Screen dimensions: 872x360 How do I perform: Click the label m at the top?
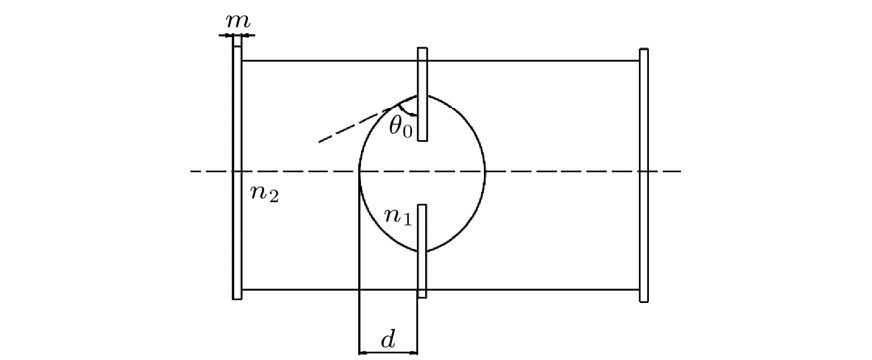pyautogui.click(x=238, y=22)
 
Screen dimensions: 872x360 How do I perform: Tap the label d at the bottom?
pyautogui.click(x=388, y=340)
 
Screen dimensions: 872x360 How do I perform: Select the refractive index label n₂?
pyautogui.click(x=264, y=193)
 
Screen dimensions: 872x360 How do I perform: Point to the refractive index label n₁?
pyautogui.click(x=398, y=217)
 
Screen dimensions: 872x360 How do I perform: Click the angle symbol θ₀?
pyautogui.click(x=401, y=127)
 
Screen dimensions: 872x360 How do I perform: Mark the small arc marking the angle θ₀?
pyautogui.click(x=405, y=111)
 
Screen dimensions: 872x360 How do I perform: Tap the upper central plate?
pyautogui.click(x=422, y=94)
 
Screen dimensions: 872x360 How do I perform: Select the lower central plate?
pyautogui.click(x=422, y=251)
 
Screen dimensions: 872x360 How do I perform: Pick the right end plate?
pyautogui.click(x=644, y=176)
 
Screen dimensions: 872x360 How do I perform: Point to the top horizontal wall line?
pyautogui.click(x=441, y=61)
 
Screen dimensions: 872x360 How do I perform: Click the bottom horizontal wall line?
pyautogui.click(x=441, y=290)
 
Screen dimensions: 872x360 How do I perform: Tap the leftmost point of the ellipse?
pyautogui.click(x=359, y=172)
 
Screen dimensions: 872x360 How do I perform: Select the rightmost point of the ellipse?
pyautogui.click(x=485, y=172)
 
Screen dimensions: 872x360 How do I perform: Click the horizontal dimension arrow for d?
pyautogui.click(x=388, y=353)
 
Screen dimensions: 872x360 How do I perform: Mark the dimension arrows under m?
pyautogui.click(x=237, y=35)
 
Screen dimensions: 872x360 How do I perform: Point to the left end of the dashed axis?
pyautogui.click(x=191, y=172)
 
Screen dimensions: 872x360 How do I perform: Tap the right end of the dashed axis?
pyautogui.click(x=681, y=172)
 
